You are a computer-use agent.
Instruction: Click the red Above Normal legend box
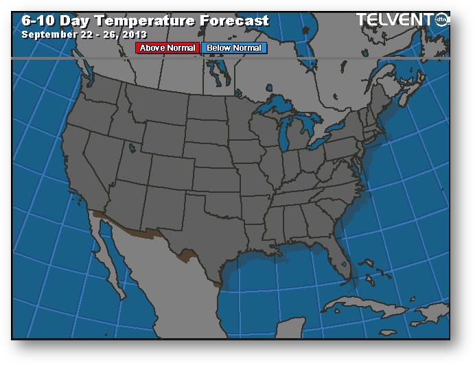pos(167,48)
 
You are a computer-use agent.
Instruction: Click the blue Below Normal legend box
pos(234,48)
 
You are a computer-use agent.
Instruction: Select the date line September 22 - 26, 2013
pos(84,34)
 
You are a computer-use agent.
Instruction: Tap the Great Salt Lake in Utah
pos(132,146)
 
